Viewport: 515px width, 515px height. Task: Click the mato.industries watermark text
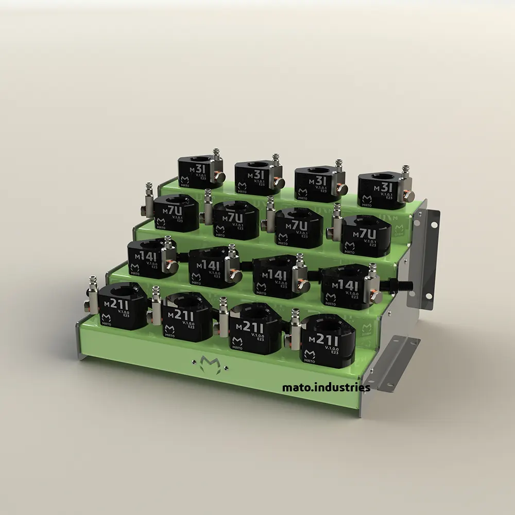pos(326,387)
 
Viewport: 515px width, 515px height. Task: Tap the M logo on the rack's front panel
pos(209,363)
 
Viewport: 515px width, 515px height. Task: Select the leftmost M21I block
pos(122,307)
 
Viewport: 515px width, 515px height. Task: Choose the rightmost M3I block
pos(381,191)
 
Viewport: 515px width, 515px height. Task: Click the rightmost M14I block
pos(348,286)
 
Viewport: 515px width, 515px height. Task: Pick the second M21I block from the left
pos(185,316)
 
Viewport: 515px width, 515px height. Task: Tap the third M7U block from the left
pos(299,227)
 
